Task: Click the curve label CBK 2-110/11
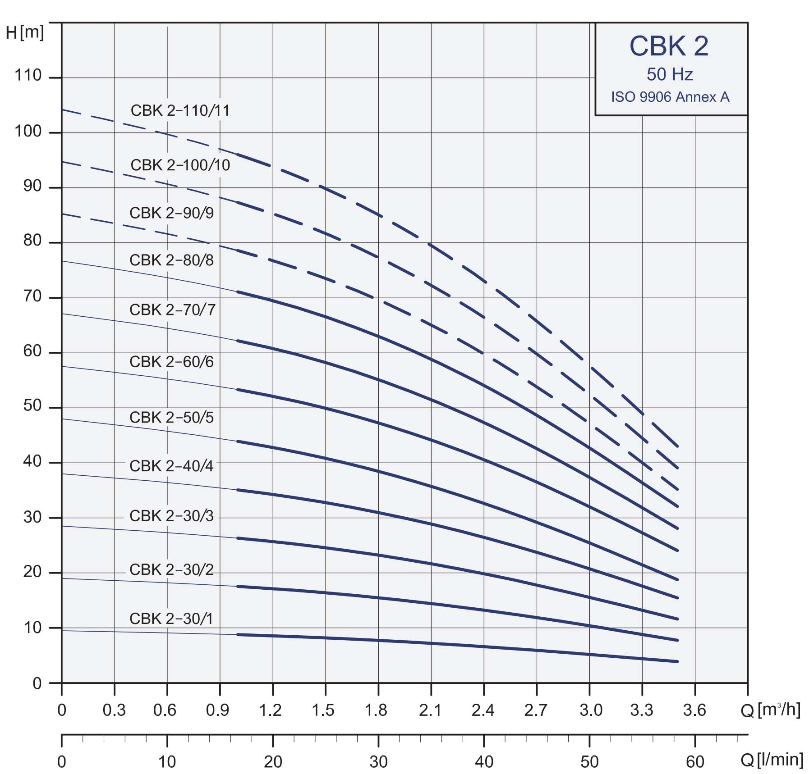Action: click(x=180, y=111)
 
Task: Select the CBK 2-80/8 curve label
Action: click(x=171, y=260)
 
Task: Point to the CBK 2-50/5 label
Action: click(x=171, y=418)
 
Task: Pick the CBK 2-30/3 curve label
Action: click(x=171, y=516)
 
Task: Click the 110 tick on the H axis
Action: click(x=28, y=75)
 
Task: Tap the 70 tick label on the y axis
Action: click(x=32, y=296)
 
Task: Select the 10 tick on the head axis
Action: click(x=32, y=627)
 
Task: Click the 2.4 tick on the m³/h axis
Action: click(x=483, y=710)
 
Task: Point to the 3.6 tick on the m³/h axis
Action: click(x=694, y=710)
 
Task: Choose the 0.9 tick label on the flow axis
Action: click(x=217, y=710)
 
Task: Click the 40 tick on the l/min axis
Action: click(x=484, y=762)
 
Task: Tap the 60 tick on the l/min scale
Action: click(x=695, y=762)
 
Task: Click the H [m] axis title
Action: click(x=25, y=32)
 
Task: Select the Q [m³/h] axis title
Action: click(x=770, y=710)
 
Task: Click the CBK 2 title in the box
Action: click(x=669, y=46)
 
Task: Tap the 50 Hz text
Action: click(x=670, y=74)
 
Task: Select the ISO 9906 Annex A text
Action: click(x=670, y=97)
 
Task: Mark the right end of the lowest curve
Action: click(x=677, y=661)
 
